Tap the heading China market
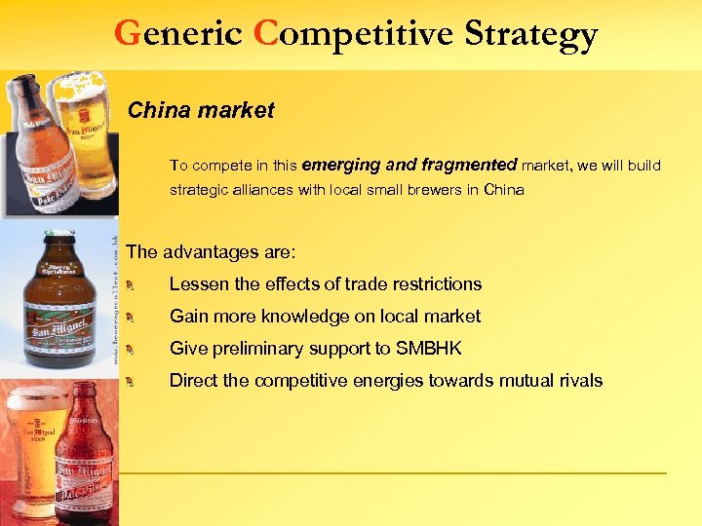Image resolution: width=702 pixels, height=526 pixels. [201, 110]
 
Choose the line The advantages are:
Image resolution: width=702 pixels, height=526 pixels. [211, 251]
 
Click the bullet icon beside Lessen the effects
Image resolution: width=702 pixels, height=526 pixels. [138, 284]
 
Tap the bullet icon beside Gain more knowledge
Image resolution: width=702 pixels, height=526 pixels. [138, 317]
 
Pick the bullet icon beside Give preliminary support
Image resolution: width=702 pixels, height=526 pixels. [138, 349]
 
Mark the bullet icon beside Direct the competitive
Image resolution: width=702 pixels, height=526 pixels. [138, 381]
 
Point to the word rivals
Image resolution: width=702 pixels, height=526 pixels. [578, 380]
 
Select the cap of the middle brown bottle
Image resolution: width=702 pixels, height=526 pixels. [58, 237]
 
